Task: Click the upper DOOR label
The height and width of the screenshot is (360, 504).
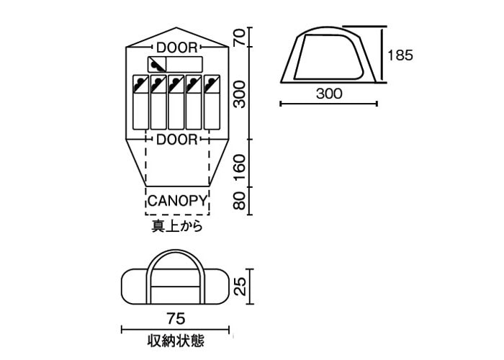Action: pos(176,48)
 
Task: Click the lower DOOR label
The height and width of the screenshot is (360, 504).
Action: pos(176,138)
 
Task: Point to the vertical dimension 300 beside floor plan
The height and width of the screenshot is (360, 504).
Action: pos(241,94)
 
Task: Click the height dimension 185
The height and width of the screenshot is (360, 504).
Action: pos(400,54)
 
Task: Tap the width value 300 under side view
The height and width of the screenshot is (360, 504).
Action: pos(328,93)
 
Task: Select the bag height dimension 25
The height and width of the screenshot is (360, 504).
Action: pos(241,286)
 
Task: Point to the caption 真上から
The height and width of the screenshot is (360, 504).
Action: pos(176,226)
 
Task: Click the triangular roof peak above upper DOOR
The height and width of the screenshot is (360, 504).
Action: pos(177,36)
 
